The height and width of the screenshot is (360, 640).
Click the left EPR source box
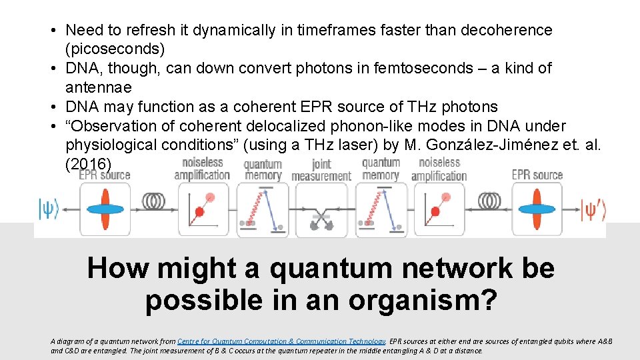click(105, 209)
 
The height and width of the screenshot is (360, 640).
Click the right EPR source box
click(537, 209)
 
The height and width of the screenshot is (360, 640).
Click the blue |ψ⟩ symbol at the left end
click(48, 209)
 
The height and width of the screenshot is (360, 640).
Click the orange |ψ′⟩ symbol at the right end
click(593, 209)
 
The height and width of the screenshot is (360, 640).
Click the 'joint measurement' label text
click(321, 170)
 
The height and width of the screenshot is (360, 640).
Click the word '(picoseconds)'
click(115, 49)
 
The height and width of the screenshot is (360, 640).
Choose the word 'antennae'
click(99, 87)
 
